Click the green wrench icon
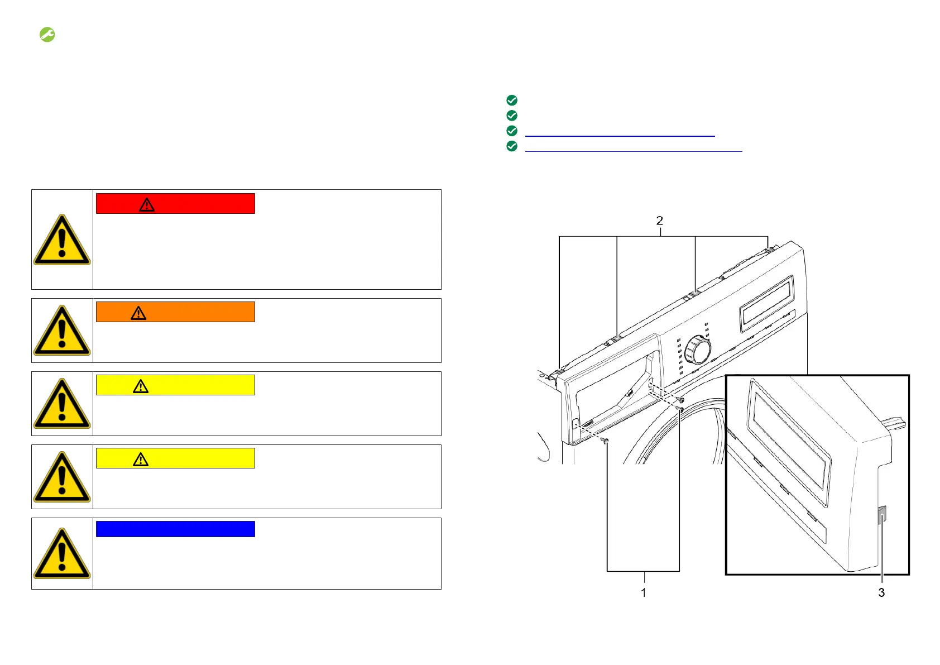pyautogui.click(x=47, y=35)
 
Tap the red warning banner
pyautogui.click(x=175, y=204)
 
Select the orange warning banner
pyautogui.click(x=175, y=312)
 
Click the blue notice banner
pyautogui.click(x=175, y=529)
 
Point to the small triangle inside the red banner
pyautogui.click(x=147, y=205)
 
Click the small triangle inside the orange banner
pyautogui.click(x=138, y=313)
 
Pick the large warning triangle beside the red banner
pyautogui.click(x=62, y=240)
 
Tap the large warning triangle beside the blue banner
pyautogui.click(x=62, y=553)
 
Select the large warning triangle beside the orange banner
pyautogui.click(x=62, y=331)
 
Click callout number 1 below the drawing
pyautogui.click(x=644, y=593)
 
